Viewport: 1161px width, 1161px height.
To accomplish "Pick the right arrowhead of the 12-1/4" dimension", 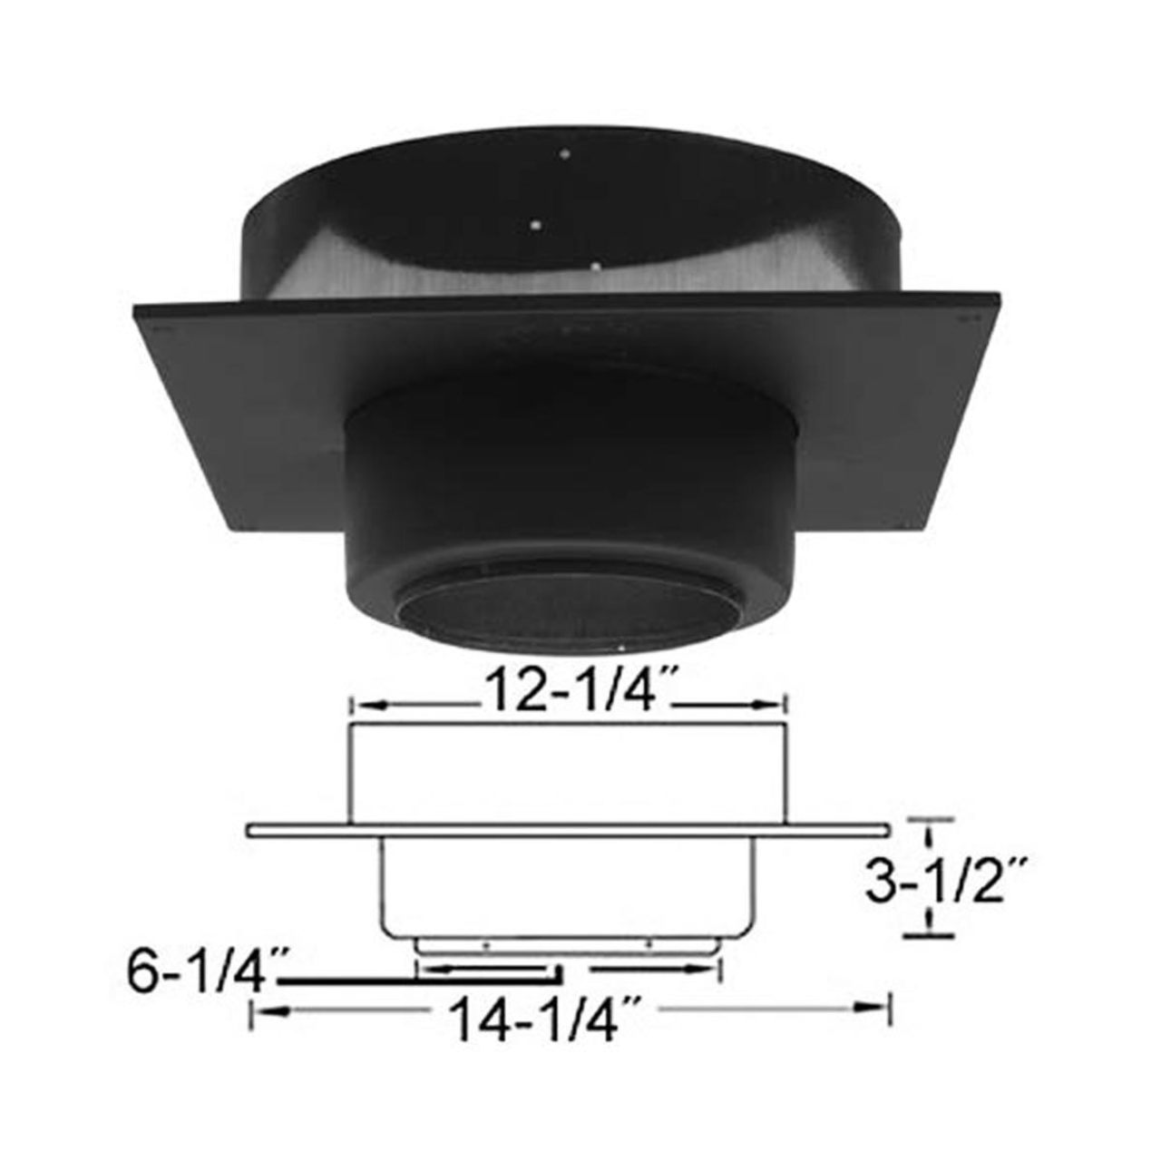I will (773, 705).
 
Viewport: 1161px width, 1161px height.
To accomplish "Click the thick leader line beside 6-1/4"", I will (417, 981).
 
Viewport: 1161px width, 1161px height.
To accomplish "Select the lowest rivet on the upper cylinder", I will (596, 266).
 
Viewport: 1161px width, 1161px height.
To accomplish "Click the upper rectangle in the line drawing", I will (567, 776).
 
